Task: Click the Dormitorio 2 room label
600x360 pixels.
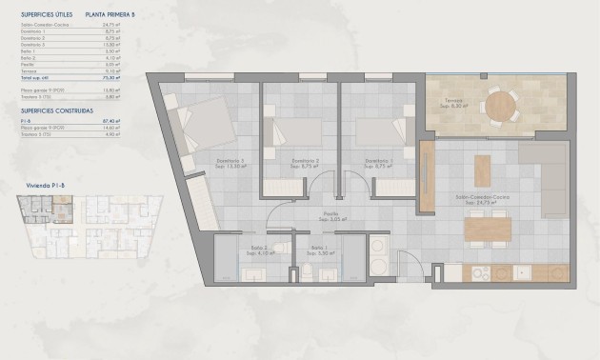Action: pyautogui.click(x=305, y=161)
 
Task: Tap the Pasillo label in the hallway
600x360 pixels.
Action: pyautogui.click(x=330, y=216)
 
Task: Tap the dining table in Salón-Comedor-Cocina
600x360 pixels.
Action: pyautogui.click(x=488, y=229)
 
